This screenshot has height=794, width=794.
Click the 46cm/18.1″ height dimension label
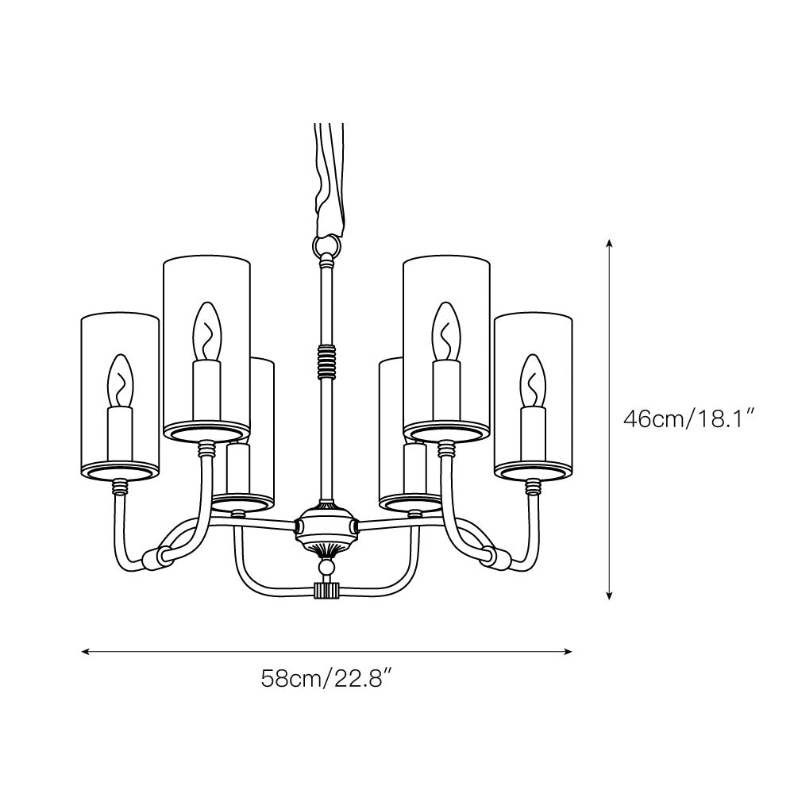pos(688,418)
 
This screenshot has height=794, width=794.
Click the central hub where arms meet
pos(326,526)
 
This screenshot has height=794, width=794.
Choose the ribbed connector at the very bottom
pos(326,591)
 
